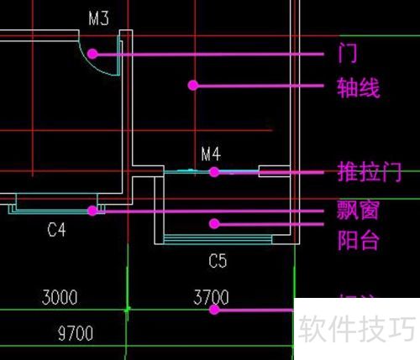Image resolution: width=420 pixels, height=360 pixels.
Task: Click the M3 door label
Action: (99, 18)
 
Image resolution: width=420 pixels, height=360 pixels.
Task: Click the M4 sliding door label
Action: (211, 154)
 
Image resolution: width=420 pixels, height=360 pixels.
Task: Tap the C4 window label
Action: (56, 230)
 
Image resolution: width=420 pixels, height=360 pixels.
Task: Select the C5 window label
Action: (218, 261)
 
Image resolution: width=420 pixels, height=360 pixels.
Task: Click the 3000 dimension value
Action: (60, 297)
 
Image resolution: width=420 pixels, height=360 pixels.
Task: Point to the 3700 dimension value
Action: (211, 297)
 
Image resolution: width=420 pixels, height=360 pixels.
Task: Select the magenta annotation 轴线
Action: (358, 86)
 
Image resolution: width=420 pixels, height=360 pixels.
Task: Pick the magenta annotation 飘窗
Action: (358, 211)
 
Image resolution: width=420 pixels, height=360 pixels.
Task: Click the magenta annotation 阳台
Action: (358, 241)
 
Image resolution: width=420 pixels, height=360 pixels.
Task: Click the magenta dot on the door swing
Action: (92, 53)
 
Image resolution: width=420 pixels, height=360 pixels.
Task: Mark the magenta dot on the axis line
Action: (192, 85)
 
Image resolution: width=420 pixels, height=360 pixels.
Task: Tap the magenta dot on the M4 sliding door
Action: (214, 171)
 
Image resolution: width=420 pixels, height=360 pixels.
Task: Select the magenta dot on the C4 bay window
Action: (93, 211)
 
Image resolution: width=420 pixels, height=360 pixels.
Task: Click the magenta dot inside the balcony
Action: (214, 223)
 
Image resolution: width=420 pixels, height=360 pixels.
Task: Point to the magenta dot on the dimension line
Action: (214, 309)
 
